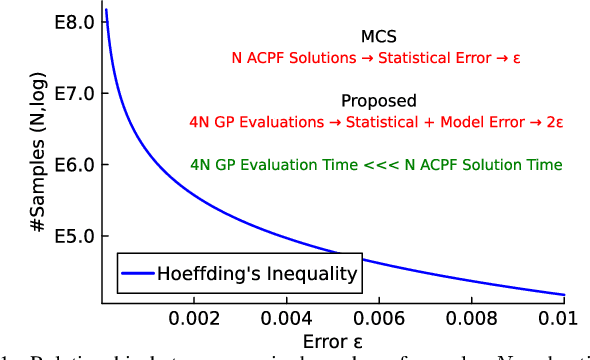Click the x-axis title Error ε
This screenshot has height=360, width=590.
click(x=333, y=342)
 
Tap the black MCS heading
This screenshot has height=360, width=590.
click(x=378, y=37)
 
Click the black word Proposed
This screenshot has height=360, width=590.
click(x=378, y=101)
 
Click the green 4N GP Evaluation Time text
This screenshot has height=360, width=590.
click(x=376, y=165)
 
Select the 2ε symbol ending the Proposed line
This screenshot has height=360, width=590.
click(x=555, y=123)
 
